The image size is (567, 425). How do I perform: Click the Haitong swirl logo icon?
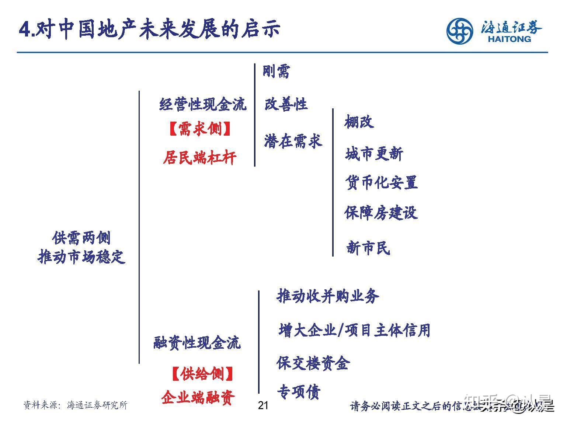click(459, 31)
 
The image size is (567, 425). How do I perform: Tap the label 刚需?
click(276, 71)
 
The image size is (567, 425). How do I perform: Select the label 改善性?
click(286, 104)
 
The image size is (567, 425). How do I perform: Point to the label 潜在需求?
click(293, 141)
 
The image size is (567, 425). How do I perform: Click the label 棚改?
click(359, 122)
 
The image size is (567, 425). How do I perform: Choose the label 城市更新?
click(374, 154)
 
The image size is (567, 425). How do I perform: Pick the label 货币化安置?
click(382, 182)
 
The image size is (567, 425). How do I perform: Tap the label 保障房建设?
click(381, 213)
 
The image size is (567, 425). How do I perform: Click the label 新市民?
click(368, 248)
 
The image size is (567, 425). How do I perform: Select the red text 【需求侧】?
click(200, 129)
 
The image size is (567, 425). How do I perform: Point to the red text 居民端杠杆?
click(200, 158)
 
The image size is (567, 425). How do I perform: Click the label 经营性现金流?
click(203, 104)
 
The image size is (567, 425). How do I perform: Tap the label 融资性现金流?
click(197, 343)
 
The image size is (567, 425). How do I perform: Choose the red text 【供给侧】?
click(202, 374)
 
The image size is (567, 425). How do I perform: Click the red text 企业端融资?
click(198, 397)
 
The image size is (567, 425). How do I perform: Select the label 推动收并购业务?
click(328, 296)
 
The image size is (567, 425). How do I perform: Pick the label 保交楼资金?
click(313, 363)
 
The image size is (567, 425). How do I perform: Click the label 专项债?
click(299, 392)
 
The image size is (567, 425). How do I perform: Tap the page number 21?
click(263, 405)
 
